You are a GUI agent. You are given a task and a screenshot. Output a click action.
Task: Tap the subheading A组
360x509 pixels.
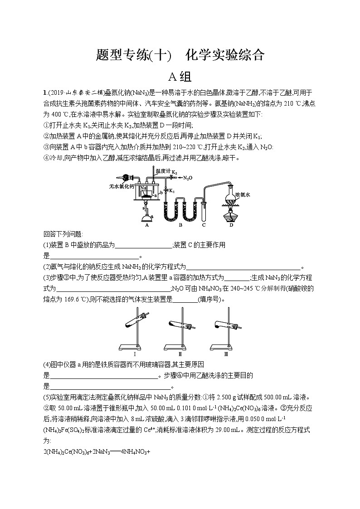180,76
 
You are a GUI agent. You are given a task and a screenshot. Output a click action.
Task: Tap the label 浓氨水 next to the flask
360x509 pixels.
243,194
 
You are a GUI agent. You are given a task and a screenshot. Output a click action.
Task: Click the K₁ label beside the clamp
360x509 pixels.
172,190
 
